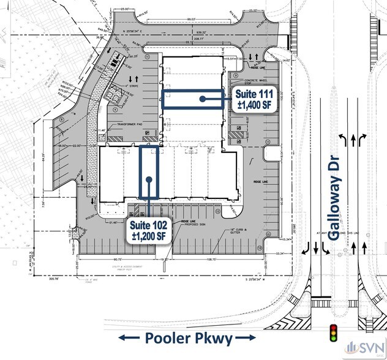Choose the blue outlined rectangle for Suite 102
tap(149, 172)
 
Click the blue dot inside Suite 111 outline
tap(201, 99)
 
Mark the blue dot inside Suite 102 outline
tap(149, 179)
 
